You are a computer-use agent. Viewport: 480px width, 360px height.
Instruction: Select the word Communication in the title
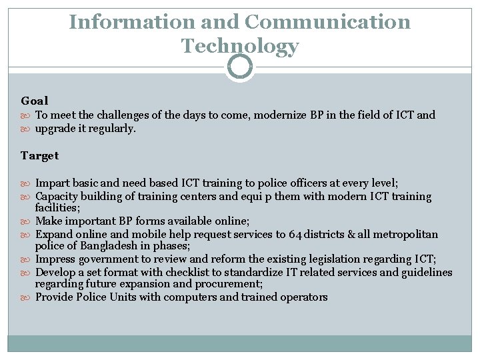[x=328, y=22]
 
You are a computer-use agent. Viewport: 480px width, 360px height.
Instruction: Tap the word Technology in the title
[x=240, y=47]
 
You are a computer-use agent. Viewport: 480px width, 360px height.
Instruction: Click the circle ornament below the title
[x=240, y=67]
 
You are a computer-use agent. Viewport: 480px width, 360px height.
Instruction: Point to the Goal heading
[x=35, y=101]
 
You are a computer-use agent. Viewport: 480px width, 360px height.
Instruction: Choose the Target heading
[x=40, y=155]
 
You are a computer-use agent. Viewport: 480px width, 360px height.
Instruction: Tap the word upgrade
[x=57, y=128]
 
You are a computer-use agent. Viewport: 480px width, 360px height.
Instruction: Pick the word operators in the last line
[x=303, y=297]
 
